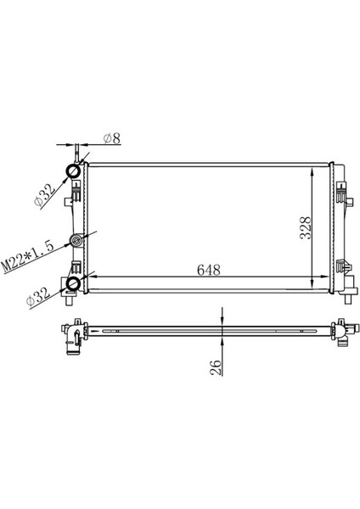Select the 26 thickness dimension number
click(215, 366)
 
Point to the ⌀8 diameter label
click(113, 138)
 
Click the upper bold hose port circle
click(74, 173)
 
